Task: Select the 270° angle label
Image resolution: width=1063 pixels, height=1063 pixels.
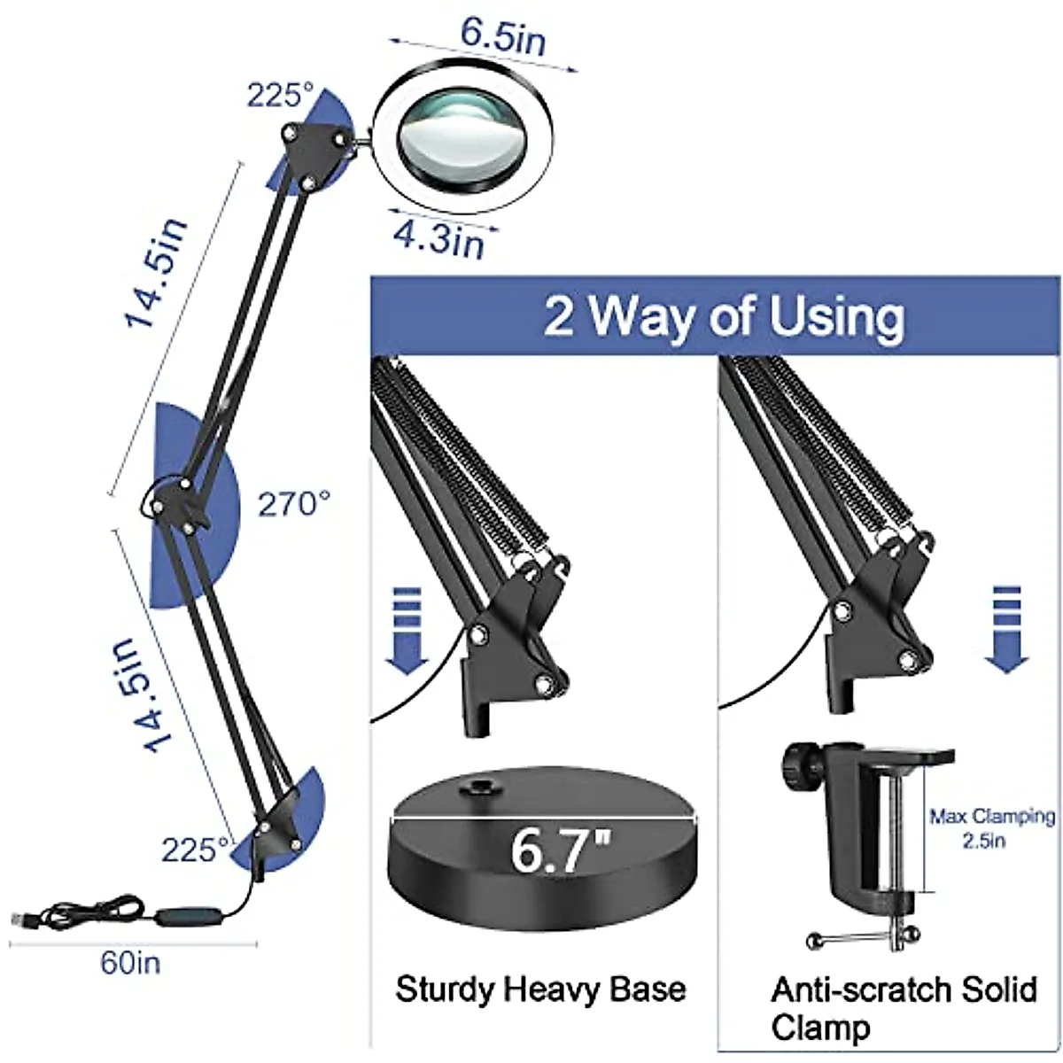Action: (294, 505)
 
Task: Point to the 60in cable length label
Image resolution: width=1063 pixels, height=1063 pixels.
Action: (130, 963)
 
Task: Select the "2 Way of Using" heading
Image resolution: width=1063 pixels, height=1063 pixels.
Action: (724, 316)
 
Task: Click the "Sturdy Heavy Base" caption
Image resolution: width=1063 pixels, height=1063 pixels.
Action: (540, 989)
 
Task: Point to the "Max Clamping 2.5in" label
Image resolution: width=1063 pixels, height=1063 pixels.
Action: (991, 827)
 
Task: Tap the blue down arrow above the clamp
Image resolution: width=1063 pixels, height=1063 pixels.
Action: (1006, 628)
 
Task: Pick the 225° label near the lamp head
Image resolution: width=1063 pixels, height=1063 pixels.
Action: (280, 95)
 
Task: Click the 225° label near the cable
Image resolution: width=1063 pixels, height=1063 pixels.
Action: (195, 850)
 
